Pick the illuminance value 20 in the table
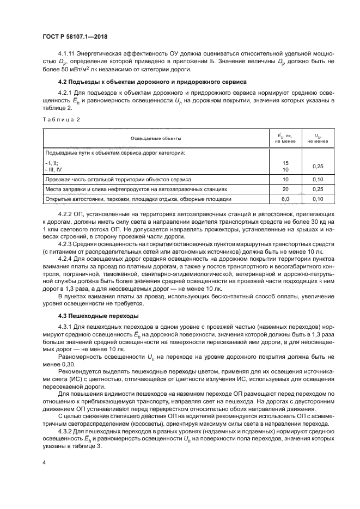(285, 189)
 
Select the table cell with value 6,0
(285, 200)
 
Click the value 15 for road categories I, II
(285, 163)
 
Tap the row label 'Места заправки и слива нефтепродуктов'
(136, 189)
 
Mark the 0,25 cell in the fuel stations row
(318, 189)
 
